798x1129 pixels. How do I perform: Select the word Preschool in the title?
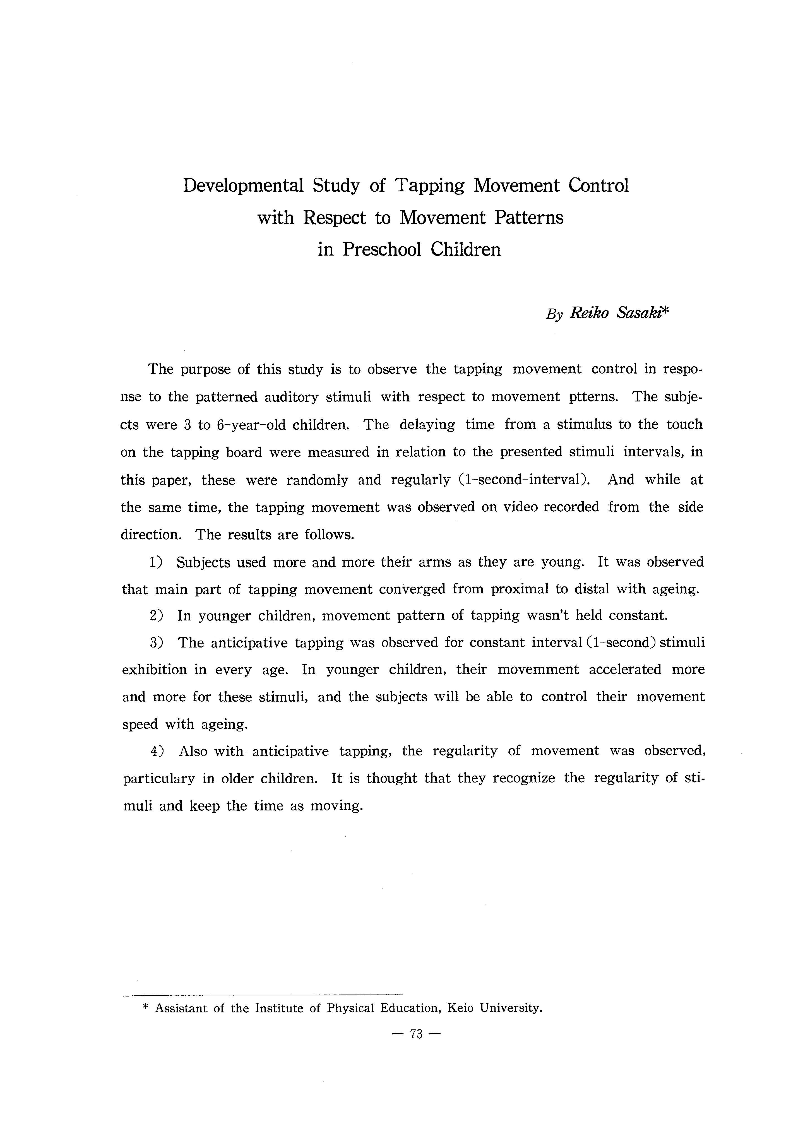coord(381,249)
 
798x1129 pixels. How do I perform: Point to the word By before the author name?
coord(554,315)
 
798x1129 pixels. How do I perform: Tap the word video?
coord(523,507)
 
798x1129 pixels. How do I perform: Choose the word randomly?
coord(317,480)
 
